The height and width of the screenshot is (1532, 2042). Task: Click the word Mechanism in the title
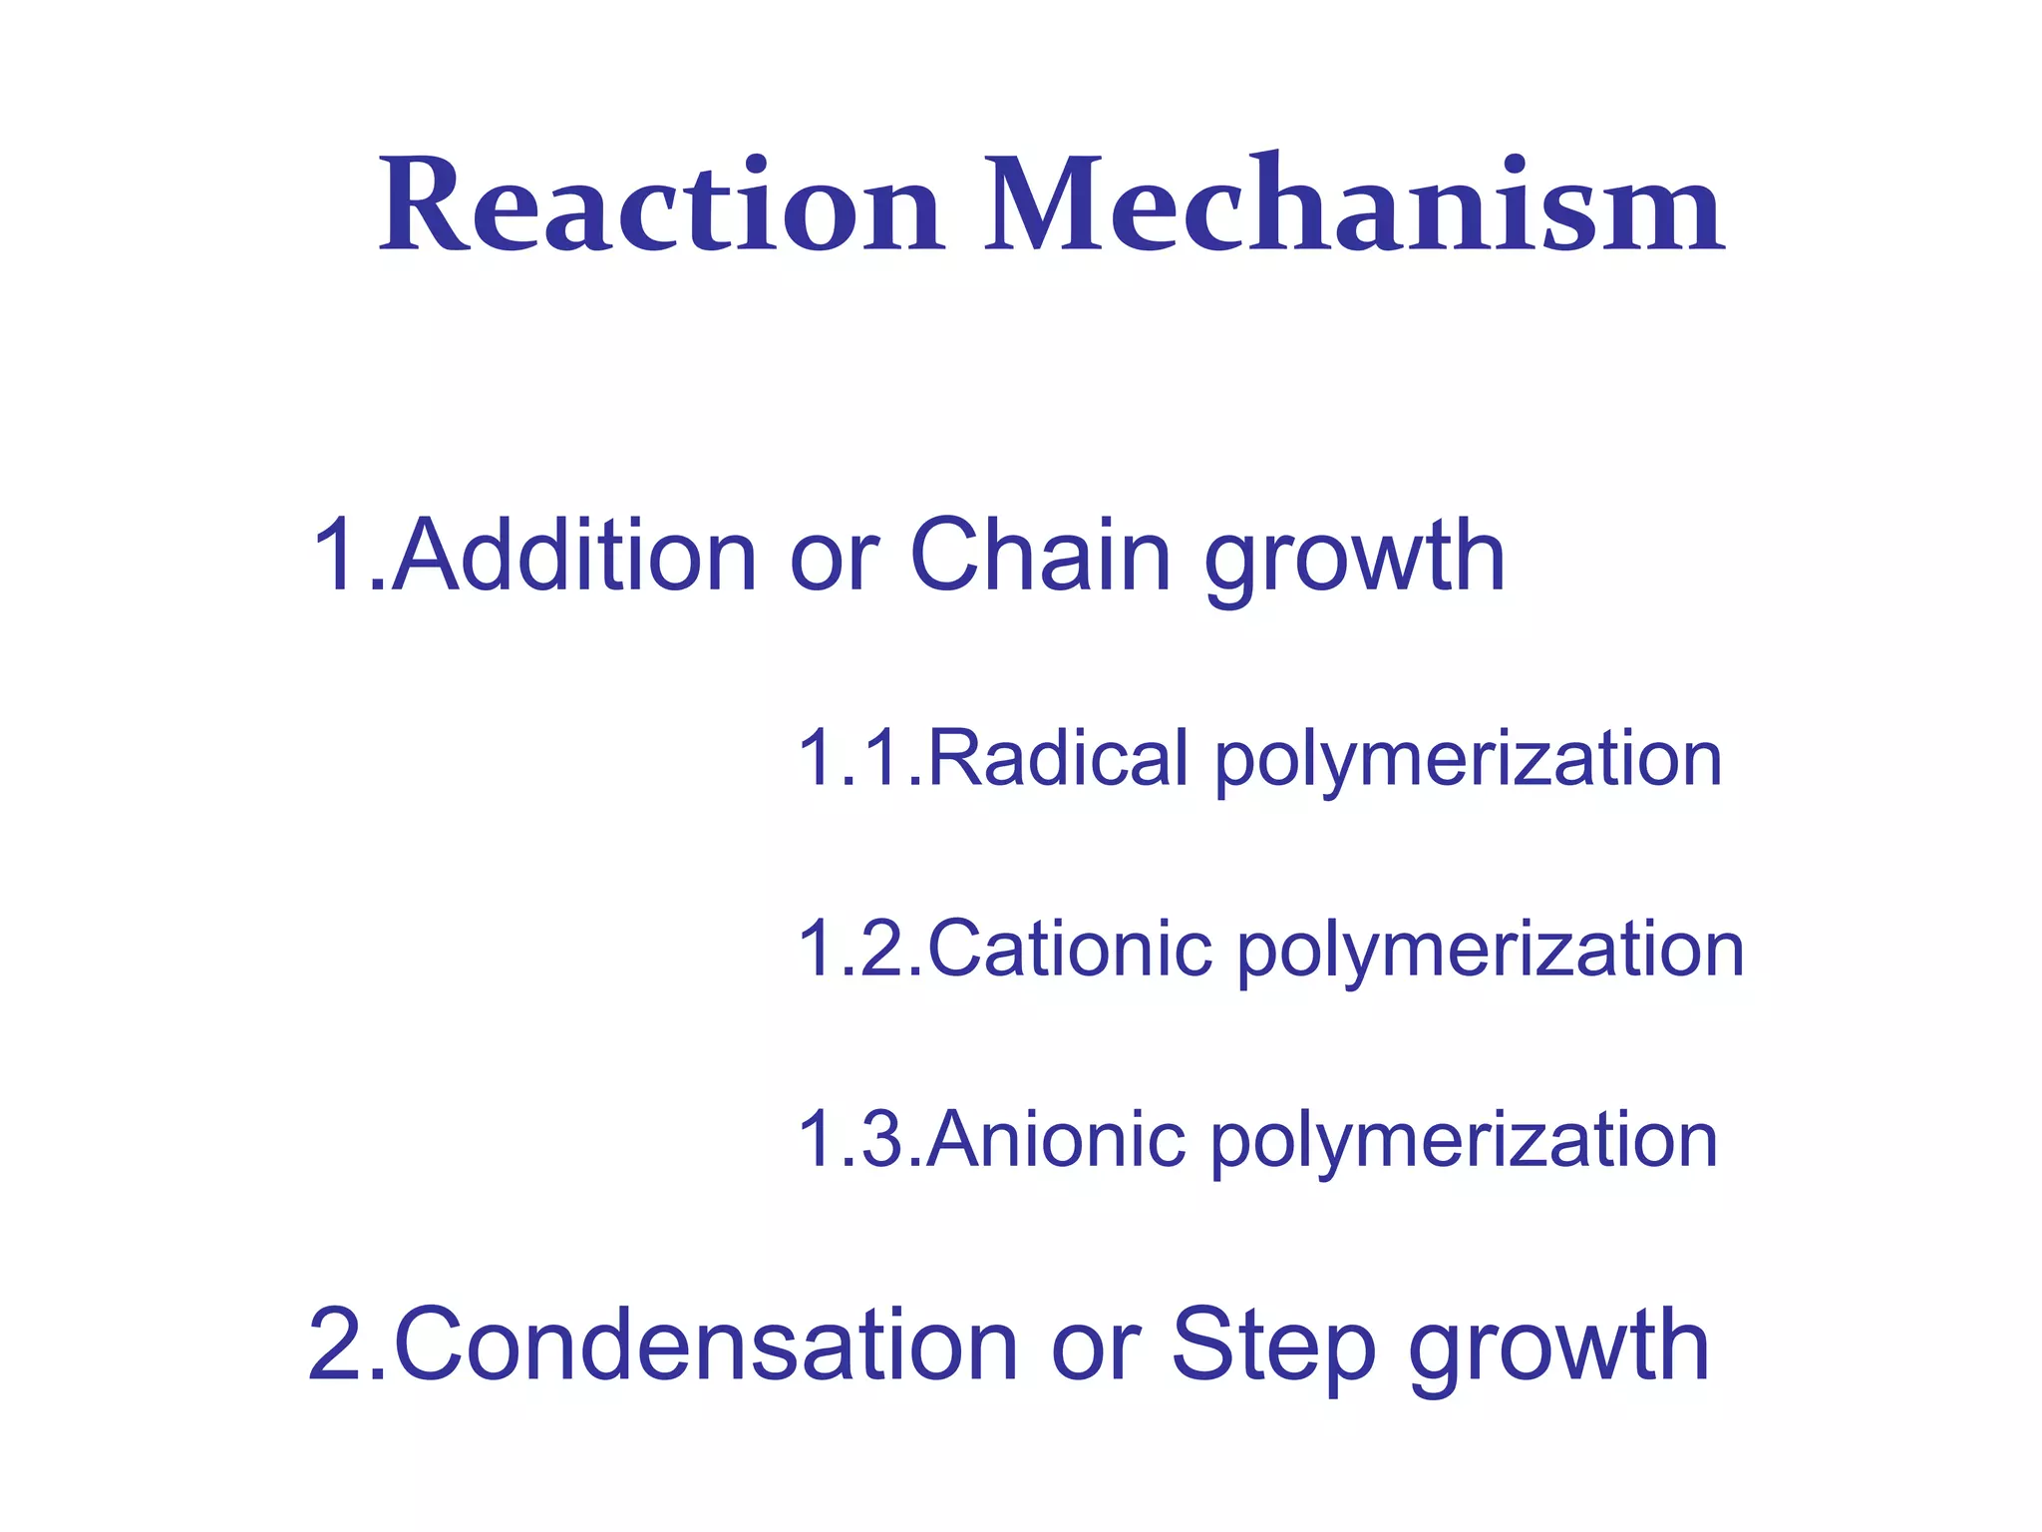(1354, 206)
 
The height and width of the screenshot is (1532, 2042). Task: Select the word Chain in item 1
(1040, 556)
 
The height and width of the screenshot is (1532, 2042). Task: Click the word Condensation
(706, 1345)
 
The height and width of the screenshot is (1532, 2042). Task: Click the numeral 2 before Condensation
(338, 1345)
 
